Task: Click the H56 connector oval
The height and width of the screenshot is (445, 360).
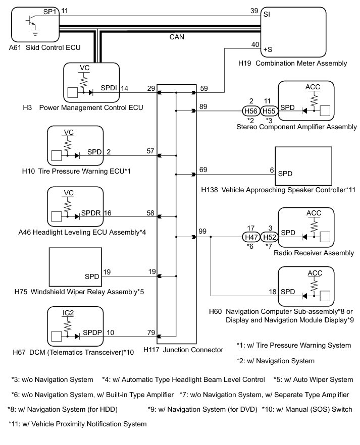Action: click(251, 110)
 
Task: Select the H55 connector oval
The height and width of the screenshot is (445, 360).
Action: click(269, 110)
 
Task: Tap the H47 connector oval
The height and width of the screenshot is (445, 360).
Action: click(251, 237)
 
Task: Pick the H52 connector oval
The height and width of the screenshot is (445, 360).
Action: click(269, 237)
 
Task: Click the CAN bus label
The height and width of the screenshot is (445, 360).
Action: click(177, 37)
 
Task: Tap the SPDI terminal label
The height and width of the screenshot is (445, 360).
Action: click(109, 88)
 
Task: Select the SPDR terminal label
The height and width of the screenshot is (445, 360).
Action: click(91, 213)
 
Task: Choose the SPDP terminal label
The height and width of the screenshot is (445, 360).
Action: click(92, 332)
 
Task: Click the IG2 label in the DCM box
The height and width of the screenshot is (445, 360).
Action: click(68, 313)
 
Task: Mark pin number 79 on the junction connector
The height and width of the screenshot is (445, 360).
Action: click(151, 332)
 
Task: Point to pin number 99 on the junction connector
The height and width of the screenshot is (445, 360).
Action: click(202, 231)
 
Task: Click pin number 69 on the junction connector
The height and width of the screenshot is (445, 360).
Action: click(203, 170)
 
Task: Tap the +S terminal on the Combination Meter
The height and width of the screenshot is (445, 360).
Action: click(268, 49)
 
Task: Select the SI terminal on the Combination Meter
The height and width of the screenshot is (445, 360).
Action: click(267, 14)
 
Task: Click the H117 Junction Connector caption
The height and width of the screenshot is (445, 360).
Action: click(183, 350)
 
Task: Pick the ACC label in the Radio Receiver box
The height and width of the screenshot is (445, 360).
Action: click(314, 213)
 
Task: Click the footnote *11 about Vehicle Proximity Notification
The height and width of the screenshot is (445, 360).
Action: click(78, 424)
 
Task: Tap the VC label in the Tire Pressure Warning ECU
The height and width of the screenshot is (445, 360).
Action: click(69, 132)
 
